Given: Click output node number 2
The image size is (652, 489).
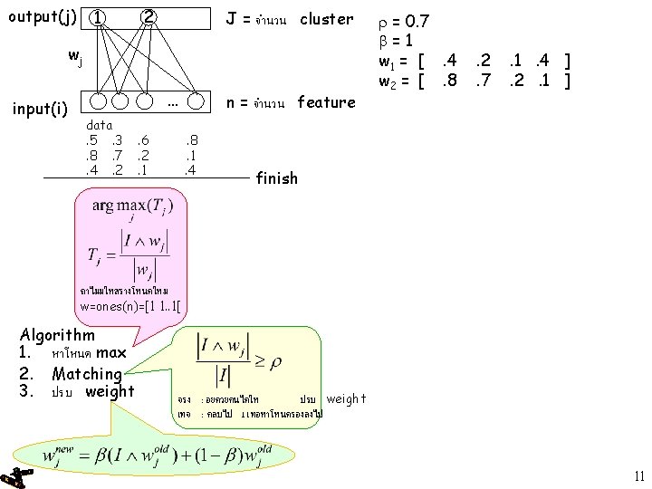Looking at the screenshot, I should tap(149, 16).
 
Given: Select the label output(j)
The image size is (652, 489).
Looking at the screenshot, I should tap(42, 16).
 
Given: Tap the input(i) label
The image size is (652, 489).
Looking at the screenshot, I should tap(39, 110).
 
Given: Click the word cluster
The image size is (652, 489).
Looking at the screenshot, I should tap(326, 18).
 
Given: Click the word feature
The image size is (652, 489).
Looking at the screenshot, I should tap(325, 102).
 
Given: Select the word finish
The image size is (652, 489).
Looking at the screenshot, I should tap(276, 178).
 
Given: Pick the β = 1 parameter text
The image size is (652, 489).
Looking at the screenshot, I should tap(396, 40).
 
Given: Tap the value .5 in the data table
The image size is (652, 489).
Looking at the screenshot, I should tap(90, 140).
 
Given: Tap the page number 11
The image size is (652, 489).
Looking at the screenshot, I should tap(638, 476).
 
